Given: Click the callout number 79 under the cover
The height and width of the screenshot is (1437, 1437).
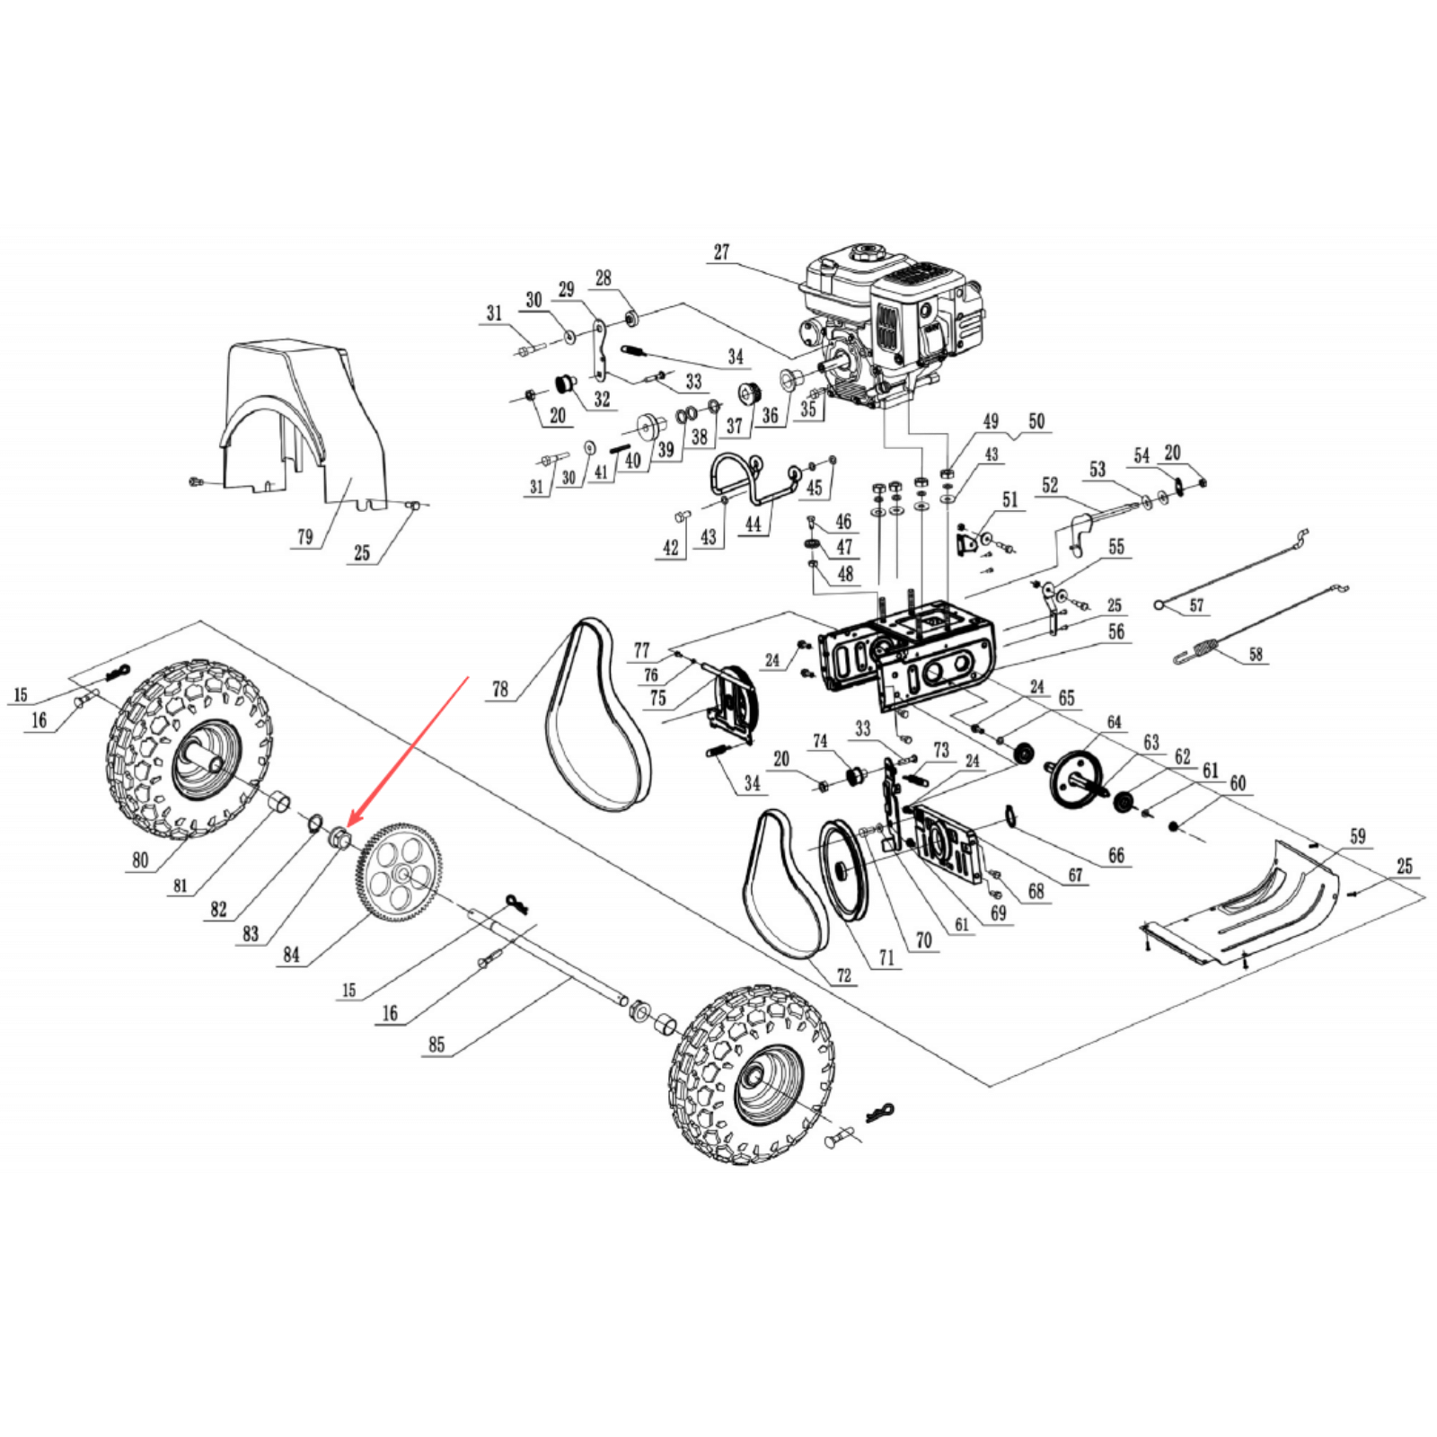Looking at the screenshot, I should pos(305,537).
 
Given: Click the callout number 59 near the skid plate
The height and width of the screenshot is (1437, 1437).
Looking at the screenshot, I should pos(1357,837).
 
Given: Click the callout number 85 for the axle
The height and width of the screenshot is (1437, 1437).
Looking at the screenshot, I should pos(436,1045).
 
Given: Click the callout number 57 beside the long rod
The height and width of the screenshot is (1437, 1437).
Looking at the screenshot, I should pos(1196,605).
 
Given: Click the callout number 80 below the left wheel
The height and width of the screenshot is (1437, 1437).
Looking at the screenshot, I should pos(140,860).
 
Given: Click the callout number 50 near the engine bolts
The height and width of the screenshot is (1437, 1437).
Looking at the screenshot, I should pos(1036,421).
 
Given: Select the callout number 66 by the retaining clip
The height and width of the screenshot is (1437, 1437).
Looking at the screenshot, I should pos(1115,855).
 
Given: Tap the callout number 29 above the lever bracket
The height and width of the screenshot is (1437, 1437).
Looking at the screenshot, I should pos(566,290).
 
